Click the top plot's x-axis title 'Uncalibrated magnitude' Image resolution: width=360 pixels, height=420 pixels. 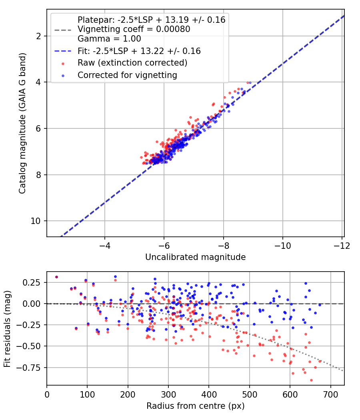tap(195, 257)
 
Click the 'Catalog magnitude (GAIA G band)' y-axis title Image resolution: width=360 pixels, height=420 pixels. tap(22, 123)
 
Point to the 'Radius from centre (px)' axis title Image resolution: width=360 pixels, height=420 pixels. tap(195, 406)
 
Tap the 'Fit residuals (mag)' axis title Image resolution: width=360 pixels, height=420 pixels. tap(7, 329)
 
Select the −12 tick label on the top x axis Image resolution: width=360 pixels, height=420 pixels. tap(342, 246)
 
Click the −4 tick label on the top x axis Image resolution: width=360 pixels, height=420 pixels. tap(104, 246)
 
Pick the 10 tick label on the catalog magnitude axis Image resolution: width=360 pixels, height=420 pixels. tap(36, 221)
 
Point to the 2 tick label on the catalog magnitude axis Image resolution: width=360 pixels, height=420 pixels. tap(38, 36)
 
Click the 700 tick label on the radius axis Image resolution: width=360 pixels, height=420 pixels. tap(331, 395)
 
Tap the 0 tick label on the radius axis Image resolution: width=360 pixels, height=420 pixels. tap(47, 395)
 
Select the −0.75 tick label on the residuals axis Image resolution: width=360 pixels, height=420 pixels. tap(28, 368)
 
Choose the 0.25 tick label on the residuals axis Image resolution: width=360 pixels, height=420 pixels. tap(31, 282)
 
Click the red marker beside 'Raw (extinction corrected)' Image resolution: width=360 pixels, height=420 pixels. tap(63, 64)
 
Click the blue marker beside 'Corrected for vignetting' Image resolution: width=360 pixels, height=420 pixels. tap(63, 76)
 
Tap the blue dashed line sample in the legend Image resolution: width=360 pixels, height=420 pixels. tap(63, 51)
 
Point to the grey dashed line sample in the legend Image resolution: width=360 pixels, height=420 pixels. tap(63, 30)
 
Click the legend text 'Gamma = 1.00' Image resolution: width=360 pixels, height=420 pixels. tap(109, 39)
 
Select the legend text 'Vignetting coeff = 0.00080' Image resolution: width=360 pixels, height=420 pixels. tap(134, 29)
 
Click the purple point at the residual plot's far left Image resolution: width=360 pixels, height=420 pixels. tap(56, 277)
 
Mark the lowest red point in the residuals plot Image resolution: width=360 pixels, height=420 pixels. tap(311, 380)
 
